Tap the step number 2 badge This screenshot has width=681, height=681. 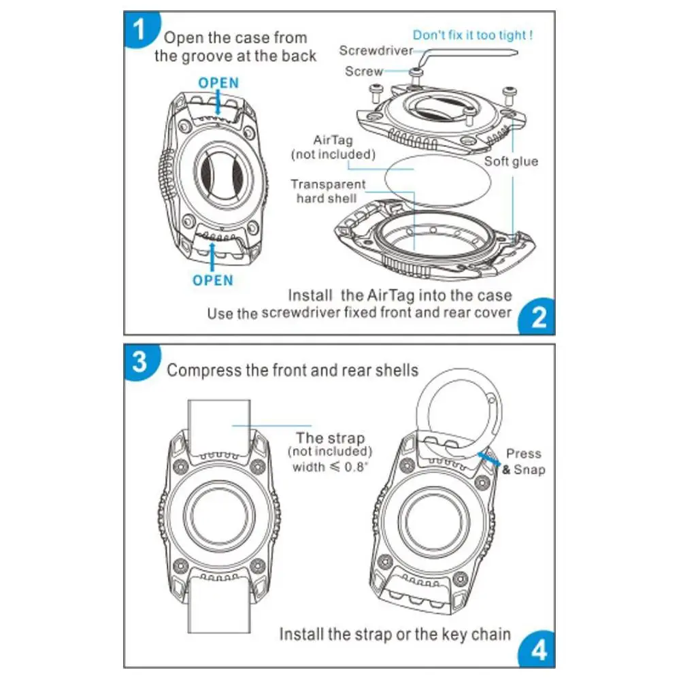click(537, 317)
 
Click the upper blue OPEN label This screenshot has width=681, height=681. click(218, 83)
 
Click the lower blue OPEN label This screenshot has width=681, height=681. click(212, 280)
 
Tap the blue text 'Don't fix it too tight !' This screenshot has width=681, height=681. click(473, 35)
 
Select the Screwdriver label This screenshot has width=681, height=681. click(376, 50)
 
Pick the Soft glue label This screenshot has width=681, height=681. click(511, 161)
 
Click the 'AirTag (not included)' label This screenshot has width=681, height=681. click(333, 147)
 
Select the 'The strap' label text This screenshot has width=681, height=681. click(330, 438)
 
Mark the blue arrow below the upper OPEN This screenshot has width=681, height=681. click(218, 103)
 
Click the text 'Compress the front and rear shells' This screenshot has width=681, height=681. click(293, 370)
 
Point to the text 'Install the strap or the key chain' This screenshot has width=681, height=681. click(395, 634)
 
